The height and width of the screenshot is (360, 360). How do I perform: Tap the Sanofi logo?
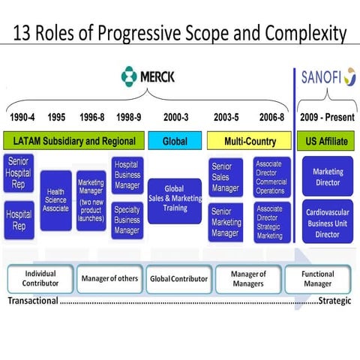tap(328, 76)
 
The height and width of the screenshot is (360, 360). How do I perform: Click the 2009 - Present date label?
tap(327, 118)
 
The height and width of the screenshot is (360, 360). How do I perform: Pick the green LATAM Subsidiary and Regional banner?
tap(73, 141)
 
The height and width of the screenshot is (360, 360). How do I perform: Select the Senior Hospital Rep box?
tap(19, 175)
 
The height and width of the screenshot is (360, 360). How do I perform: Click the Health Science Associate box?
tap(55, 200)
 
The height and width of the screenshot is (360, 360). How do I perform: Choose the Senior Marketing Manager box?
tap(225, 221)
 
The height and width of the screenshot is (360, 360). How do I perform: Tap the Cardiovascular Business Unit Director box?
tap(327, 222)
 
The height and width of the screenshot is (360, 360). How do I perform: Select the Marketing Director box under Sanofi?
tap(327, 177)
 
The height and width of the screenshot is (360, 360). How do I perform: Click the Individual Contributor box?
tap(40, 279)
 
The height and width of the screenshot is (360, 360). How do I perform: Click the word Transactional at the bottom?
tap(33, 301)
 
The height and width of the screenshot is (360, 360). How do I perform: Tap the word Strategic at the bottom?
tap(335, 301)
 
